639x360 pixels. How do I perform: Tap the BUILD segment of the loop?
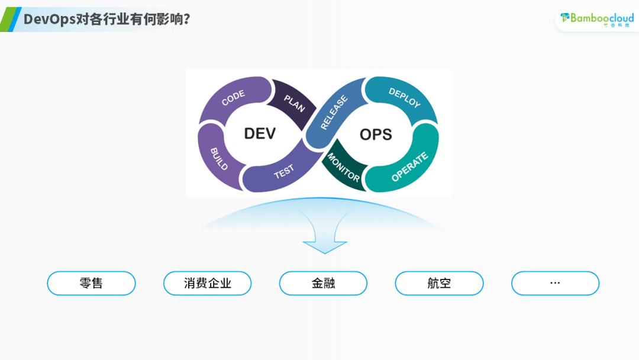click(220, 158)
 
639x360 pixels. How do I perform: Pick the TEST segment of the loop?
click(284, 172)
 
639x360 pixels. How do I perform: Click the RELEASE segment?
click(334, 112)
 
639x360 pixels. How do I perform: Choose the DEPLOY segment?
click(404, 98)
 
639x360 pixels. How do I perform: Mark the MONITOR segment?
click(343, 167)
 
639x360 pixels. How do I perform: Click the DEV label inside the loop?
click(260, 134)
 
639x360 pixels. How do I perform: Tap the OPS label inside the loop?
click(376, 135)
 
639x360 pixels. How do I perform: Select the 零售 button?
click(91, 283)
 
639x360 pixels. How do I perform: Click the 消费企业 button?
click(207, 283)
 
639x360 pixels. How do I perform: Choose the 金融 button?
click(323, 283)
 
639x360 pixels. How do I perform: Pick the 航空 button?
click(439, 283)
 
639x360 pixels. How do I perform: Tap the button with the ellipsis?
click(555, 283)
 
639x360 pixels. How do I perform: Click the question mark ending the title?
click(186, 19)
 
